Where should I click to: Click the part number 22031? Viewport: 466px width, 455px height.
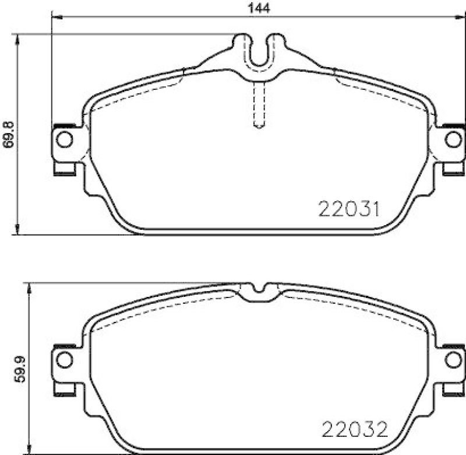tap(349, 208)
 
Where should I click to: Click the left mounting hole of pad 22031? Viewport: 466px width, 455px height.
tap(66, 139)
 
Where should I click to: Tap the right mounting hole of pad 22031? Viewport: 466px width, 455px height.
tap(451, 139)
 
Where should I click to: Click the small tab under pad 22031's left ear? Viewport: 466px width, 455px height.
tap(64, 169)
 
